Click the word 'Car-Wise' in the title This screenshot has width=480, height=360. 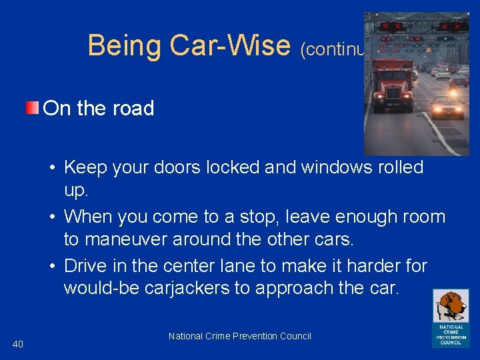(231, 46)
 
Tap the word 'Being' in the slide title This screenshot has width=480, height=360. (125, 46)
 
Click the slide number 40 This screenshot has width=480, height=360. (18, 343)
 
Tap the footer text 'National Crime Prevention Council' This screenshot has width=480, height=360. (240, 336)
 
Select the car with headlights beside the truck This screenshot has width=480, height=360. (447, 107)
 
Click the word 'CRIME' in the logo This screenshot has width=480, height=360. (451, 331)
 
